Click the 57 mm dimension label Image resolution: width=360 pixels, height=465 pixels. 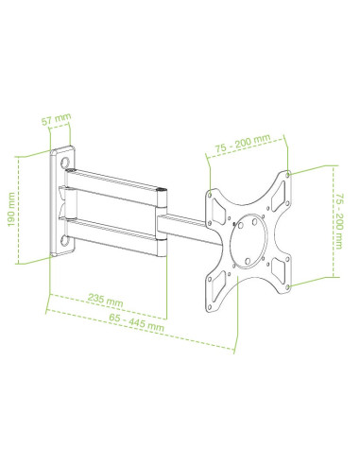[57, 119]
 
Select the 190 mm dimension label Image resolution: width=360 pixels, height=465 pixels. [11, 210]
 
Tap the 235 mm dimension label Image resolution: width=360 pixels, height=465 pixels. [105, 300]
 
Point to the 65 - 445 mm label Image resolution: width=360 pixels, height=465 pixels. [136, 322]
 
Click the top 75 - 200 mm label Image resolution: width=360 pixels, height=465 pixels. [243, 144]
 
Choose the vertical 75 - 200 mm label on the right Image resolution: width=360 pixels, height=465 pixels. [339, 221]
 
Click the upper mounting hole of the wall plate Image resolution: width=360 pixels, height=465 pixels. [65, 164]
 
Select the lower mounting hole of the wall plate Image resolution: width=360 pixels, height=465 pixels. [65, 241]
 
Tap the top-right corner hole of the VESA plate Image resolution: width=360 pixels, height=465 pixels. [287, 174]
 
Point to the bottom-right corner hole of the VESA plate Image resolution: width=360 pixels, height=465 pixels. [287, 286]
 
